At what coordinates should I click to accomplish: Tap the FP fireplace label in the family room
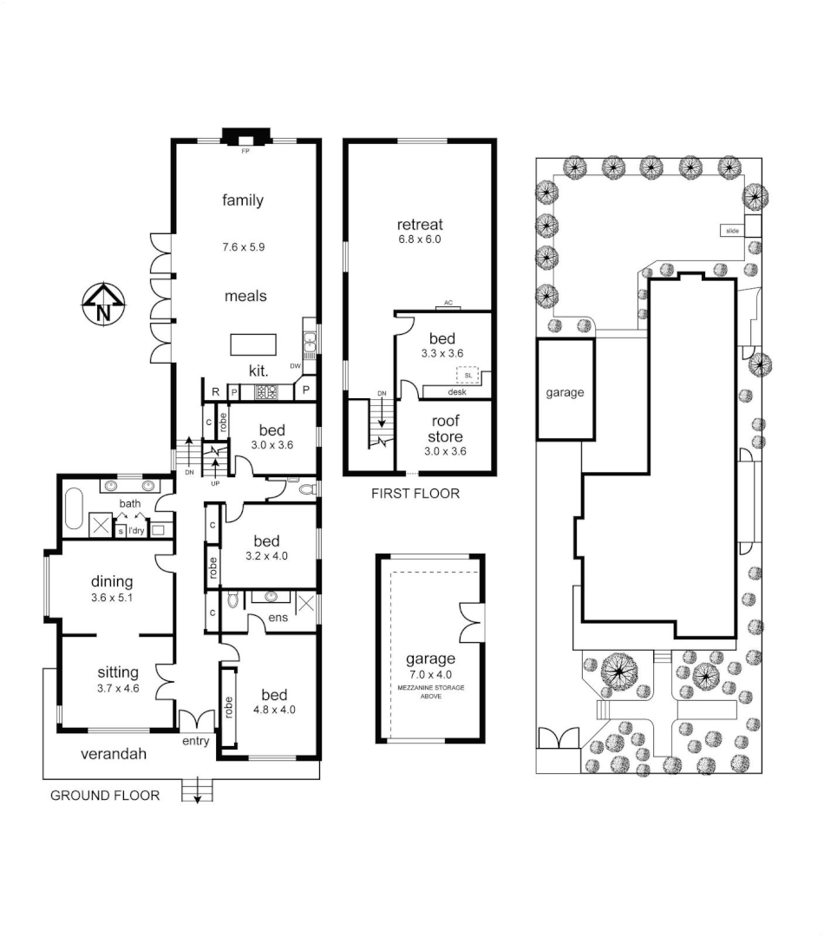[x=245, y=150]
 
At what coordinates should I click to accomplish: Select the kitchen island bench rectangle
[x=253, y=344]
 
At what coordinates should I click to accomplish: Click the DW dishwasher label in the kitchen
[x=295, y=366]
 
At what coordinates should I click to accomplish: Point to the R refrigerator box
[x=215, y=392]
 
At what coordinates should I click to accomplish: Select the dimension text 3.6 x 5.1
[x=113, y=598]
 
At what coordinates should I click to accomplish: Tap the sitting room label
[x=117, y=672]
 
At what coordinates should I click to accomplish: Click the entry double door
[x=197, y=719]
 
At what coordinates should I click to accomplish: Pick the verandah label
[x=113, y=754]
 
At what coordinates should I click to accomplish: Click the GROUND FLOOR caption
[x=105, y=795]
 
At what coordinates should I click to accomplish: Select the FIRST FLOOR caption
[x=415, y=494]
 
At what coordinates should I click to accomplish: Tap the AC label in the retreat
[x=448, y=303]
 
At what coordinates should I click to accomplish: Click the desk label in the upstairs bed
[x=457, y=392]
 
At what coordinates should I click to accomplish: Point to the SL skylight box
[x=468, y=375]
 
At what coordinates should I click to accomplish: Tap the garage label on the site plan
[x=565, y=392]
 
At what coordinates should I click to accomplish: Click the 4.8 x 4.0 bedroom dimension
[x=274, y=709]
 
